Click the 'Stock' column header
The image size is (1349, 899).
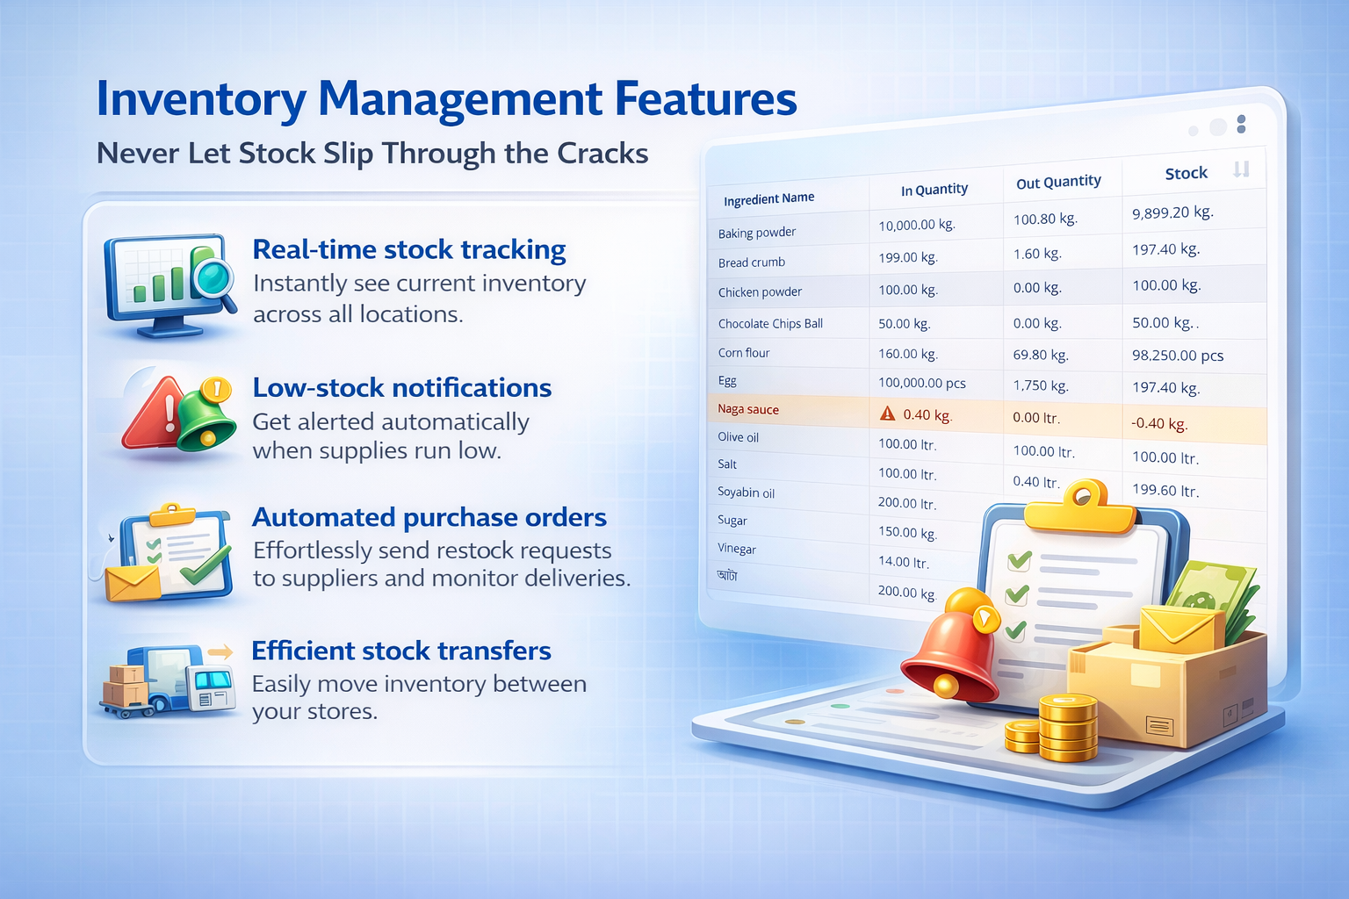[x=1186, y=174]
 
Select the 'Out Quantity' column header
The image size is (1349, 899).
[x=1058, y=182]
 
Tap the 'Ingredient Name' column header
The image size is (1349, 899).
[x=768, y=198]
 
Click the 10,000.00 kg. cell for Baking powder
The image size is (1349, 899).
[x=917, y=226]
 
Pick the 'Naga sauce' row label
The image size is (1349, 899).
[x=748, y=409]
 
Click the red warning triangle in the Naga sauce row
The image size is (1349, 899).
[x=887, y=414]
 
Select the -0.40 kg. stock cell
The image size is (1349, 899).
[x=1158, y=423]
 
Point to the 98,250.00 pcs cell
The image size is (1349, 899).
[x=1178, y=356]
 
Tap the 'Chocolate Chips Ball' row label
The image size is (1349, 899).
[x=770, y=323]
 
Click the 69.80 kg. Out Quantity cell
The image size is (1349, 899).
[x=1041, y=355]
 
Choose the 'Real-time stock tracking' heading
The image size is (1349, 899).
[x=409, y=249]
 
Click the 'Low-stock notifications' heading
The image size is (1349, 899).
[x=401, y=387]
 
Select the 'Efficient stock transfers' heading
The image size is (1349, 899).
[x=401, y=651]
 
